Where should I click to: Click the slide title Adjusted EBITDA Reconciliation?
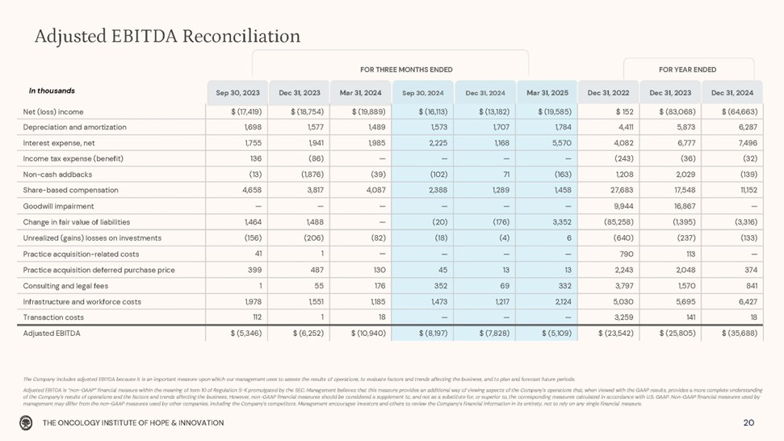click(168, 36)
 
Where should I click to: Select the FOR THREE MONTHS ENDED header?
click(406, 69)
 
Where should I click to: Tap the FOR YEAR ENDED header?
click(687, 69)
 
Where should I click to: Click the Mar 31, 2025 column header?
click(547, 92)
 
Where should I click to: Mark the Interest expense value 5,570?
click(562, 143)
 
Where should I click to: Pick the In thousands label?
click(52, 91)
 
